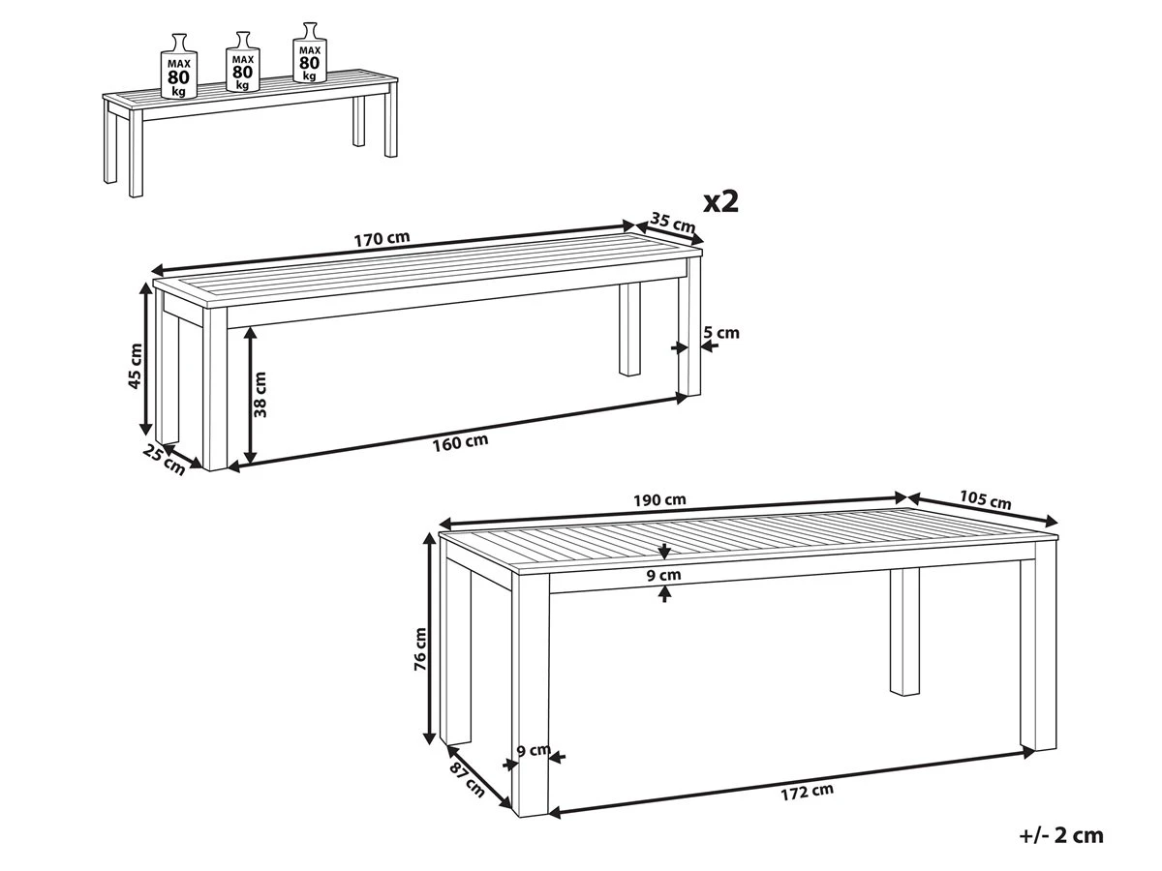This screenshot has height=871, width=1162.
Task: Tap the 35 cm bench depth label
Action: tap(672, 223)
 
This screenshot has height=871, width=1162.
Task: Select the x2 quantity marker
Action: tap(720, 200)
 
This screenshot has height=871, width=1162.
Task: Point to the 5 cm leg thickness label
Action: tap(721, 333)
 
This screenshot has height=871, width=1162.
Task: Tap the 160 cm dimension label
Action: tap(462, 441)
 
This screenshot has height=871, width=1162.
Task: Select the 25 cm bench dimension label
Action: tap(164, 461)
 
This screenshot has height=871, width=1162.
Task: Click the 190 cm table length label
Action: tap(660, 500)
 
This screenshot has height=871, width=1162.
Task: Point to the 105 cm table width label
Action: tap(985, 500)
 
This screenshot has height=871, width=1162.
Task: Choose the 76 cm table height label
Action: tap(419, 649)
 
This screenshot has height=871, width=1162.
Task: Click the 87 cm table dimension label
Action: tap(469, 780)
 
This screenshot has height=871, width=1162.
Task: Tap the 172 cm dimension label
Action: tap(807, 790)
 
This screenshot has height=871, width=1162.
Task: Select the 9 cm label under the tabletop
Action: tap(664, 575)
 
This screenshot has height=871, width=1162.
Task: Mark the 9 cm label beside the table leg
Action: tap(533, 750)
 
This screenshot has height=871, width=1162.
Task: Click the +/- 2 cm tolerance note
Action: tap(1061, 835)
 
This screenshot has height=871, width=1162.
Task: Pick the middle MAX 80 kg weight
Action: tap(241, 63)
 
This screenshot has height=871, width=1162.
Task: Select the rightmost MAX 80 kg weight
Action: tap(309, 54)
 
